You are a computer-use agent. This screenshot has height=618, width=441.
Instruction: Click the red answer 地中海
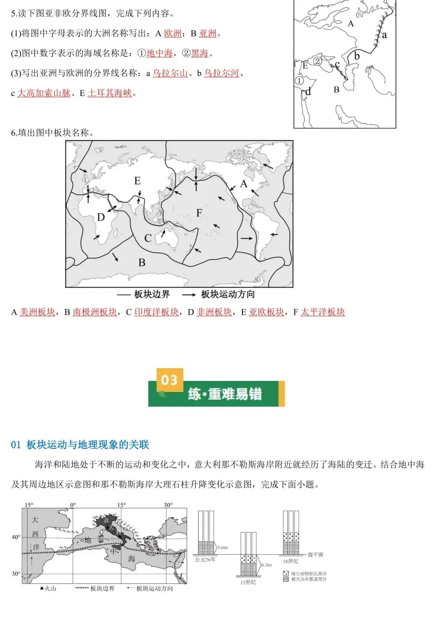pyautogui.click(x=159, y=53)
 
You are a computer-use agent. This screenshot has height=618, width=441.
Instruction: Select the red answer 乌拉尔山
pyautogui.click(x=170, y=73)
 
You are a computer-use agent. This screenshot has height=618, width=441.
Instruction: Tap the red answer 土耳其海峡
pyautogui.click(x=109, y=93)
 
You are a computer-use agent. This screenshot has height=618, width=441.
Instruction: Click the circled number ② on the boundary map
pyautogui.click(x=318, y=61)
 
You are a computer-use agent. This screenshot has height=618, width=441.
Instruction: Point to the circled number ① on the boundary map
pyautogui.click(x=299, y=81)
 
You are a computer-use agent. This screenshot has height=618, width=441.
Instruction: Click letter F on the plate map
pyautogui.click(x=199, y=213)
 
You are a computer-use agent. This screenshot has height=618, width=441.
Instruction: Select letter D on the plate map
pyautogui.click(x=101, y=217)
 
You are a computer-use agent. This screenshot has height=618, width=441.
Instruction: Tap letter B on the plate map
pyautogui.click(x=142, y=262)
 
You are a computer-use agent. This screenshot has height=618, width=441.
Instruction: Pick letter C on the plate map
pyautogui.click(x=148, y=238)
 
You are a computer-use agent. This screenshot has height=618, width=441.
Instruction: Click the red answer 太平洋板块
pyautogui.click(x=323, y=312)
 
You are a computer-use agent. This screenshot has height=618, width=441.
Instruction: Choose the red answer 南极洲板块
pyautogui.click(x=95, y=312)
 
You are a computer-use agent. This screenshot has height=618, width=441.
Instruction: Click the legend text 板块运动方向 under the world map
pyautogui.click(x=228, y=294)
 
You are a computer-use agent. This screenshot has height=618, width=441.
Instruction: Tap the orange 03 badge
pyautogui.click(x=169, y=380)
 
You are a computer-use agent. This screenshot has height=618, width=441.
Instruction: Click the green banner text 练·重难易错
pyautogui.click(x=225, y=394)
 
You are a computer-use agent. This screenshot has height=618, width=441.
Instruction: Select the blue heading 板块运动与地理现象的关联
pyautogui.click(x=88, y=445)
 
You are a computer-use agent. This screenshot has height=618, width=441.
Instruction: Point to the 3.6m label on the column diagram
pyautogui.click(x=222, y=547)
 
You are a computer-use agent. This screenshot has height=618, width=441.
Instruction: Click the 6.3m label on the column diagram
pyautogui.click(x=266, y=565)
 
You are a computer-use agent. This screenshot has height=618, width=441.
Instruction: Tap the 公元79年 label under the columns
pyautogui.click(x=205, y=560)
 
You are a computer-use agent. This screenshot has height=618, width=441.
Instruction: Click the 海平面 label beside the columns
pyautogui.click(x=315, y=555)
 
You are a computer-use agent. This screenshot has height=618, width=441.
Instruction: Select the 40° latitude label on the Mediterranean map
pyautogui.click(x=16, y=537)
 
